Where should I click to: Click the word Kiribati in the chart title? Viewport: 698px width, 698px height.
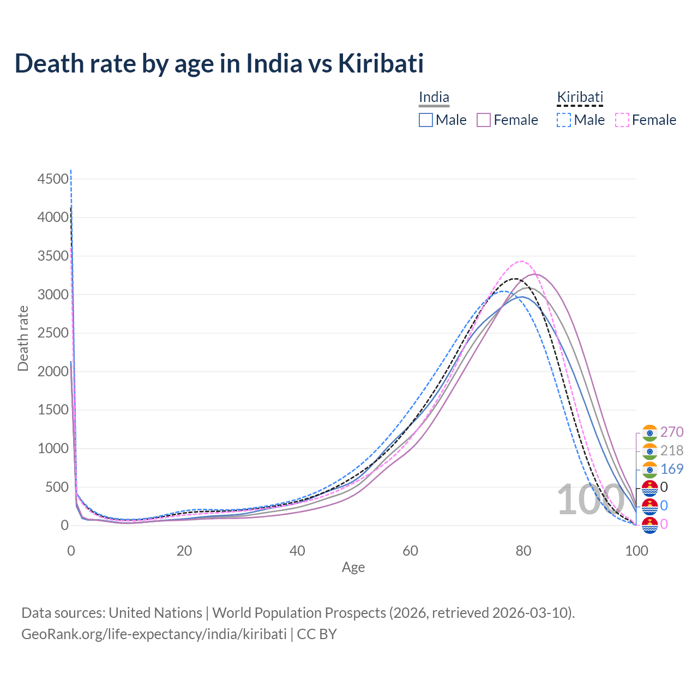381,63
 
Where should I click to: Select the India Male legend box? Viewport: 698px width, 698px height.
426,120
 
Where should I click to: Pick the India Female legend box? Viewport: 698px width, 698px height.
484,120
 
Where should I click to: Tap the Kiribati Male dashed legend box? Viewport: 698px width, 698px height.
564,120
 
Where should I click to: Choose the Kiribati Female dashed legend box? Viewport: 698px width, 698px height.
622,120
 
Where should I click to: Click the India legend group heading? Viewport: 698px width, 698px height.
434,98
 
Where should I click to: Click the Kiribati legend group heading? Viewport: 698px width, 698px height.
580,98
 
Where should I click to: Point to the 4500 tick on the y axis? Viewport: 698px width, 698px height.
53,179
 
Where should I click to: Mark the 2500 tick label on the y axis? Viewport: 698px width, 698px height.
53,333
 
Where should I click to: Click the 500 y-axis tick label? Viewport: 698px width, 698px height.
57,487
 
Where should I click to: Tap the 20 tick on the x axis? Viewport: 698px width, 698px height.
184,551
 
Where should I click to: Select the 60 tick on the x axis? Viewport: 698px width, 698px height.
411,551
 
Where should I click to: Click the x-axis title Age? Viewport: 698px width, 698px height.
353,567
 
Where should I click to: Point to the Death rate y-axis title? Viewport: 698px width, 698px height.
23,338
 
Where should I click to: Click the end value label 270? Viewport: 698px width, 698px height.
672,432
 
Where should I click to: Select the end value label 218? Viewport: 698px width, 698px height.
672,450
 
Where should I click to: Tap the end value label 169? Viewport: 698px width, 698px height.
672,469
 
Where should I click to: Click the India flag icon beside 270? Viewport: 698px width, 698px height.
649,432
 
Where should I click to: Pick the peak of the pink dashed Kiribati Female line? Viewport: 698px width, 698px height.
522,261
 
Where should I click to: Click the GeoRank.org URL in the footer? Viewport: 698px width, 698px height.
154,634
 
